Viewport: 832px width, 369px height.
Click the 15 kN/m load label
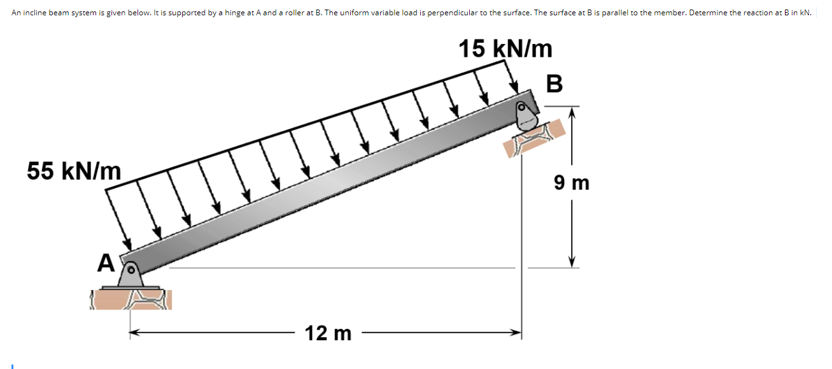point(505,48)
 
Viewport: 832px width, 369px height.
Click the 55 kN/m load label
point(74,171)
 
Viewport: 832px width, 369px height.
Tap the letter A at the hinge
point(106,263)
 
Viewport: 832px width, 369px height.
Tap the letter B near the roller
point(554,83)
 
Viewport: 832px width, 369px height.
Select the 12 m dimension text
point(328,333)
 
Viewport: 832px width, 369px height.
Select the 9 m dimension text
point(572,184)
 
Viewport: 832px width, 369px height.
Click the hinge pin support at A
point(131,273)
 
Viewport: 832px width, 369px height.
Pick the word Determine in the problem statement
point(707,13)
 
